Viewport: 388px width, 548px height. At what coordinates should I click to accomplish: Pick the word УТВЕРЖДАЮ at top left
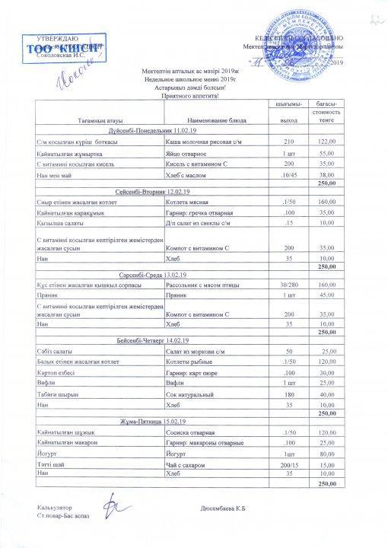pyautogui.click(x=57, y=37)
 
